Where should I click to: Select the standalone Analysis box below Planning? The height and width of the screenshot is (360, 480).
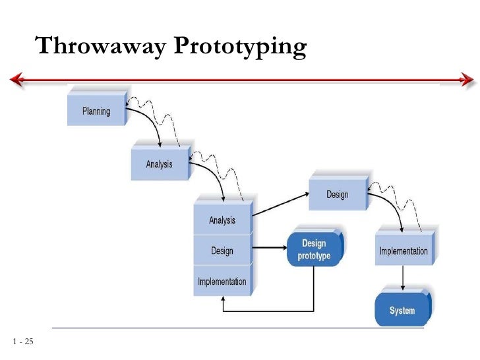[x=159, y=163]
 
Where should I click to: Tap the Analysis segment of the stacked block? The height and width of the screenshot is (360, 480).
[x=222, y=220]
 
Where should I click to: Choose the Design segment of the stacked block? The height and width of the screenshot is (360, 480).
[x=222, y=251]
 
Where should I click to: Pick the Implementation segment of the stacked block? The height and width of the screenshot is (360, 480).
[x=222, y=282]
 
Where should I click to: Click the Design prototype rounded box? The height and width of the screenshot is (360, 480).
[x=315, y=249]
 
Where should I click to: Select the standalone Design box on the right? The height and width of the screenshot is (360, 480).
[x=337, y=194]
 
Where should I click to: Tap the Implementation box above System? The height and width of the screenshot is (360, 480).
[x=403, y=251]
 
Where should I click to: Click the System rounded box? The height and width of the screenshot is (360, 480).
[x=402, y=310]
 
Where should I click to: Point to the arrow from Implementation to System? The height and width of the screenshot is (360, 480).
[x=402, y=279]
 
